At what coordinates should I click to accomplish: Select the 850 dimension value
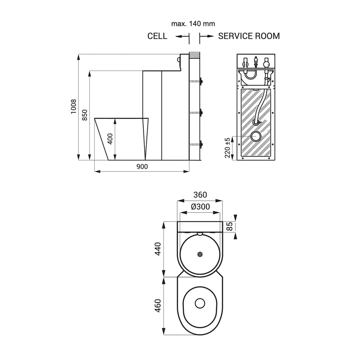pyautogui.click(x=84, y=115)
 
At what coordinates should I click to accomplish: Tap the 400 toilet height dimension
pyautogui.click(x=110, y=139)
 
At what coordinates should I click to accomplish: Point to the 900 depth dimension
pyautogui.click(x=142, y=167)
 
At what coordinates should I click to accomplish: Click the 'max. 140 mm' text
pyautogui.click(x=193, y=24)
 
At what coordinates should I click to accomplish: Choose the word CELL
pyautogui.click(x=157, y=36)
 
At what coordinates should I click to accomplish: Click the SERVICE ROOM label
pyautogui.click(x=249, y=36)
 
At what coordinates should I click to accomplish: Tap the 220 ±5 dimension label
pyautogui.click(x=227, y=147)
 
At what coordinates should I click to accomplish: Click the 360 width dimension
pyautogui.click(x=200, y=195)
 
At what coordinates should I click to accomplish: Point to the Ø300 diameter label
pyautogui.click(x=200, y=207)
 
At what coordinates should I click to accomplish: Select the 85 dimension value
pyautogui.click(x=230, y=226)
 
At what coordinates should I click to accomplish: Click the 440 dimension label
pyautogui.click(x=158, y=249)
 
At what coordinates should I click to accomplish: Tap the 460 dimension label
pyautogui.click(x=158, y=306)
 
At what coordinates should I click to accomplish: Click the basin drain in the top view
pyautogui.click(x=200, y=255)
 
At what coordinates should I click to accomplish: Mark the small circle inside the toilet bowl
pyautogui.click(x=200, y=303)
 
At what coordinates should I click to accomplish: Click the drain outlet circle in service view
pyautogui.click(x=256, y=136)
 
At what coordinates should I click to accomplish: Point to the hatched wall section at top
pyautogui.click(x=194, y=55)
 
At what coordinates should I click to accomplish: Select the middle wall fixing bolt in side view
pyautogui.click(x=201, y=113)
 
